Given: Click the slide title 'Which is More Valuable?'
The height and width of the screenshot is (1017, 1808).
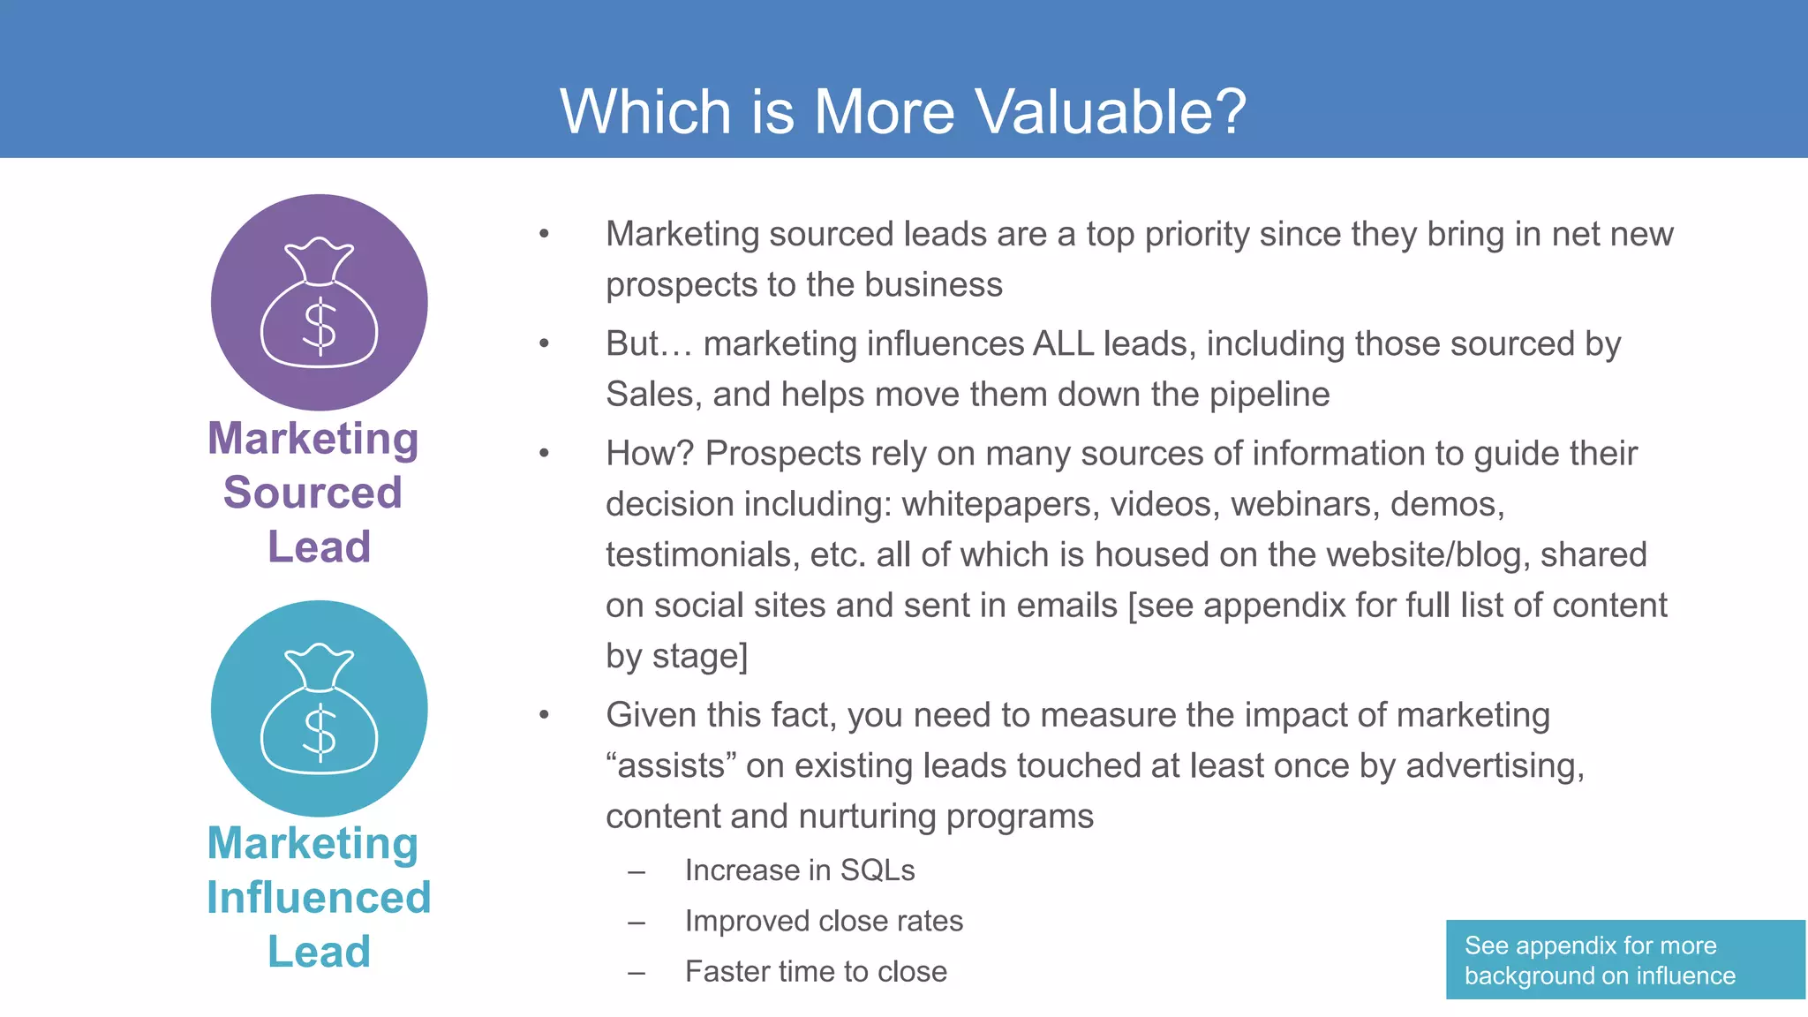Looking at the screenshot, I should click(x=903, y=112).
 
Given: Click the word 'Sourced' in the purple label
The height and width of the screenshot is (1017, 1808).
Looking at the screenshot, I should click(x=313, y=493).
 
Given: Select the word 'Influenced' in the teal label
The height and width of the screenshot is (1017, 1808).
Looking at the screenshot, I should click(x=319, y=898).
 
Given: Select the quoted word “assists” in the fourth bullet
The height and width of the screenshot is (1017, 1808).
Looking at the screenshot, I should click(x=671, y=765).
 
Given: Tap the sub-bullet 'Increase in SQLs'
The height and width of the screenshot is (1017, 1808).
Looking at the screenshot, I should click(x=800, y=870).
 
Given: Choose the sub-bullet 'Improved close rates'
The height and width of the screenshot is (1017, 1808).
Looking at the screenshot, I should click(x=824, y=921).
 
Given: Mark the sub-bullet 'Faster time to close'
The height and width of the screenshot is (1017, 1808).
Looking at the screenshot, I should click(x=816, y=972).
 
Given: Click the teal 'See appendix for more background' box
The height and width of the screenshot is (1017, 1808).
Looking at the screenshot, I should click(x=1625, y=960).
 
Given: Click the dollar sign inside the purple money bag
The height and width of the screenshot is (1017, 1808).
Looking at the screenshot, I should click(x=320, y=327).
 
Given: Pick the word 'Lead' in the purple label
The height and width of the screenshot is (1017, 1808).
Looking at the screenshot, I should click(x=319, y=547).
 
